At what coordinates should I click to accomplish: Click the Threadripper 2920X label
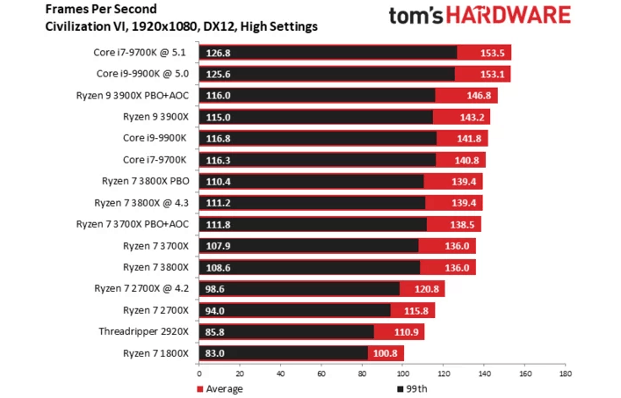click(x=145, y=331)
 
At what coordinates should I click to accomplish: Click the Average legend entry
click(x=223, y=388)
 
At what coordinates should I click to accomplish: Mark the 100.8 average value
click(x=386, y=353)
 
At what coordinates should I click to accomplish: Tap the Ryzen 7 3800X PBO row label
click(x=145, y=181)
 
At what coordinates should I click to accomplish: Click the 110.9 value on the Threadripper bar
click(x=407, y=331)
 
